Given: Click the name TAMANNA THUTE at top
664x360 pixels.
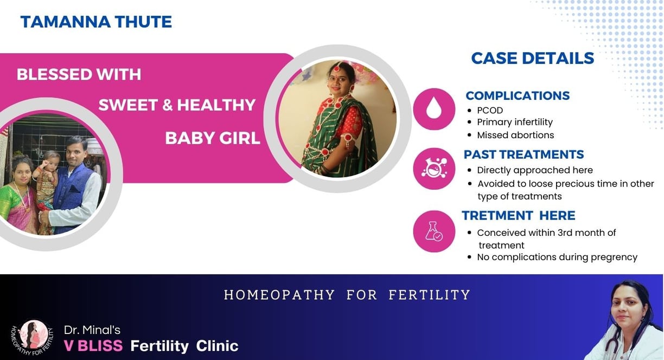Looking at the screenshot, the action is (96, 22).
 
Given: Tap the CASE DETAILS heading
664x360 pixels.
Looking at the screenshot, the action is (532, 58).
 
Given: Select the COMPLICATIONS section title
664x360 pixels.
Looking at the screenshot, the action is (518, 96).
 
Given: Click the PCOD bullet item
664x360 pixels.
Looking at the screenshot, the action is (490, 110).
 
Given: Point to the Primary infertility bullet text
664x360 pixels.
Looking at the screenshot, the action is (515, 122).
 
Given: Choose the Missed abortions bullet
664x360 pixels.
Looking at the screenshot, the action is (515, 135).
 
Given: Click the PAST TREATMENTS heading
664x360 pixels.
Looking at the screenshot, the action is (524, 155).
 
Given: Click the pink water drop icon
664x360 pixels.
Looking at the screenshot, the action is (434, 109).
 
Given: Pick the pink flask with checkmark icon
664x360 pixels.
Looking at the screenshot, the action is (434, 232).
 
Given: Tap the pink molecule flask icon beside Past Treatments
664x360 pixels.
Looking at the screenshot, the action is (434, 169).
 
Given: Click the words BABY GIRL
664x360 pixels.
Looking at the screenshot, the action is (212, 138).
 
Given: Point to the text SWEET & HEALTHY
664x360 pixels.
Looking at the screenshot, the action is (177, 105).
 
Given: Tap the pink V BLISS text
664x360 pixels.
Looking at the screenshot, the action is (93, 345).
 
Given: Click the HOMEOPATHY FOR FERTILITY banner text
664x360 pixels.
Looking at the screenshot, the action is (347, 295).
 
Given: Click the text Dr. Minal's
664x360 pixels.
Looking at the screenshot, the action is (92, 330).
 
